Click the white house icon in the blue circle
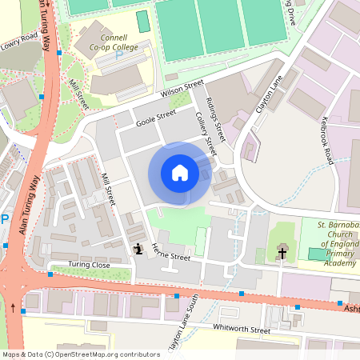[180, 173]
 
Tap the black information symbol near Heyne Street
[138, 249]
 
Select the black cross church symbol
[282, 254]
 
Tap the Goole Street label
[155, 118]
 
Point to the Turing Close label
[89, 265]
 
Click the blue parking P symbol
[4, 219]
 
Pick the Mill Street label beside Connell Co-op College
[78, 94]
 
